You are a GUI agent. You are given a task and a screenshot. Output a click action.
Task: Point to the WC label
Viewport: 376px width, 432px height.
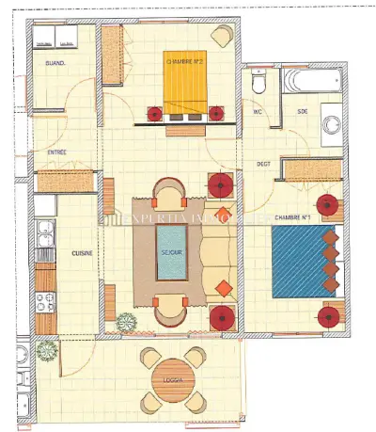257,111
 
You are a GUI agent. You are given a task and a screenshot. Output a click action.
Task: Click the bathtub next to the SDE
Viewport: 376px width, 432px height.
311,83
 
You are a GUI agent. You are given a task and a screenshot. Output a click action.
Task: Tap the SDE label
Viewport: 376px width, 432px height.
303,111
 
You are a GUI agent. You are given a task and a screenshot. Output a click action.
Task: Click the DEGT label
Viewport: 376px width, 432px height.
264,164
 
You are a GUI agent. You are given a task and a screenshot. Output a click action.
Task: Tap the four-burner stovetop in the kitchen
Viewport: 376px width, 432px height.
45,301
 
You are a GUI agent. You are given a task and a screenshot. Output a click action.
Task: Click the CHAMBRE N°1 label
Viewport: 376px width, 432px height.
292,217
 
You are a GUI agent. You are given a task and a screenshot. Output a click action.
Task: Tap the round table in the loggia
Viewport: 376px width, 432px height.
174,379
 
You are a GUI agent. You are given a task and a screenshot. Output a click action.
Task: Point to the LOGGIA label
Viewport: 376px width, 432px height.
174,381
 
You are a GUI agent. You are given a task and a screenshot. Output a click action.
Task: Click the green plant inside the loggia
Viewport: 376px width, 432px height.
45,351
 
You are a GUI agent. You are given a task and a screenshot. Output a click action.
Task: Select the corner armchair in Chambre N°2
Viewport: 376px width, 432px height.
222,36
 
